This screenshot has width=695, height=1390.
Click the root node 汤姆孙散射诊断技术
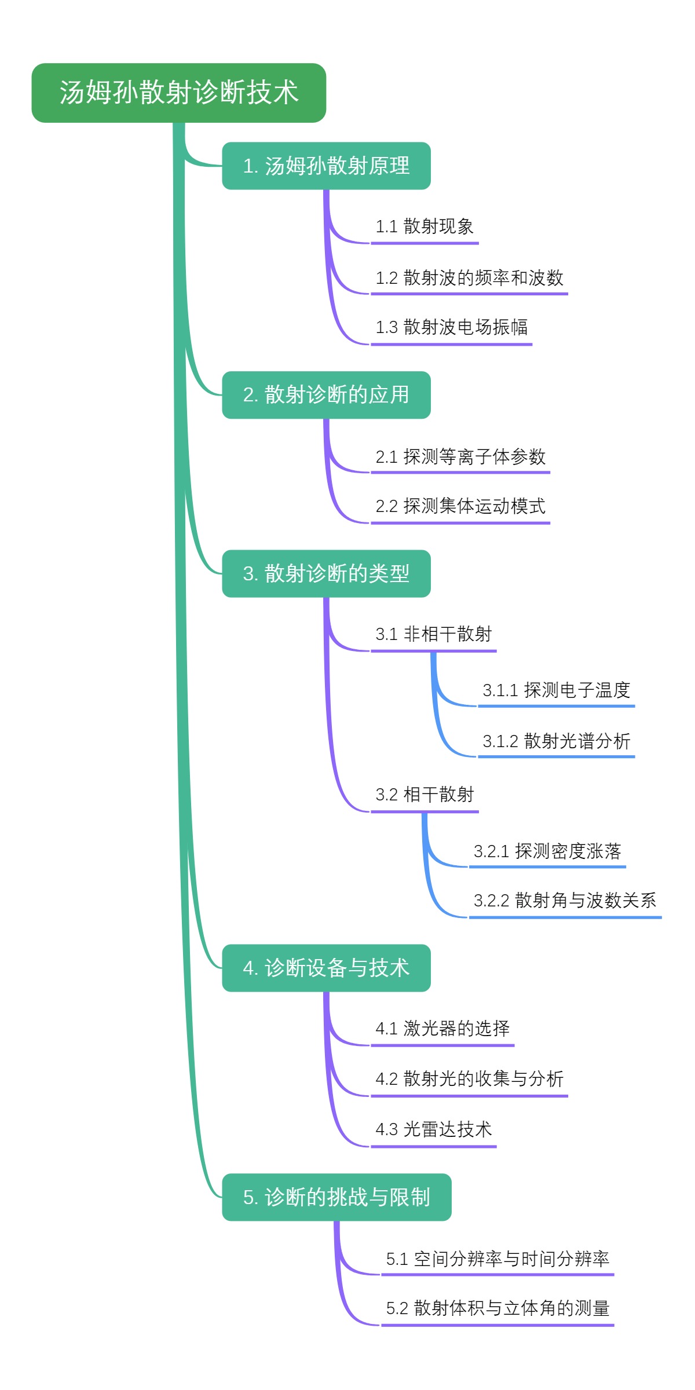click(178, 93)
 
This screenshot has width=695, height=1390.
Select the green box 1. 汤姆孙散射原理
click(326, 166)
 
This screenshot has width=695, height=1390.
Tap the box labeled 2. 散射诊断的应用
click(326, 395)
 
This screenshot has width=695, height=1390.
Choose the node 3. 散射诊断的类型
click(326, 573)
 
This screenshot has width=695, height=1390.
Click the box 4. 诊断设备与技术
click(326, 968)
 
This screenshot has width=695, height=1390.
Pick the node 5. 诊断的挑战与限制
click(336, 1197)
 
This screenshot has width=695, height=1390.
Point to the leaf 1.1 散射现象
click(425, 226)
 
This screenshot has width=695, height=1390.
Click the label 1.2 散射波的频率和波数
click(469, 278)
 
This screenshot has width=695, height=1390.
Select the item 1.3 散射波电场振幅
click(451, 327)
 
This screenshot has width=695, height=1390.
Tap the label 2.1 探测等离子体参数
click(460, 457)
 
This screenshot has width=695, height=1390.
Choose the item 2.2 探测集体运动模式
click(460, 506)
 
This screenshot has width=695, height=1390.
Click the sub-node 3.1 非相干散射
click(433, 634)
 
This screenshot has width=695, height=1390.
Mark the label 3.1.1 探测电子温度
click(556, 690)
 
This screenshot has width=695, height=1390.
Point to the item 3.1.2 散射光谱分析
click(556, 741)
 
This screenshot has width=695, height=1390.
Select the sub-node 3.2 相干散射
click(425, 795)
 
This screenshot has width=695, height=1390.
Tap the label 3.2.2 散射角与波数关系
click(565, 901)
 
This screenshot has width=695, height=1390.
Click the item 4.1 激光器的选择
click(442, 1029)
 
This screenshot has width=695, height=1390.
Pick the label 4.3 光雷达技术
click(433, 1129)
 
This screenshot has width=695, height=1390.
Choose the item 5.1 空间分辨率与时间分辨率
click(498, 1259)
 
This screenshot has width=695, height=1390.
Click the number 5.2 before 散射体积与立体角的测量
click(397, 1308)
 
